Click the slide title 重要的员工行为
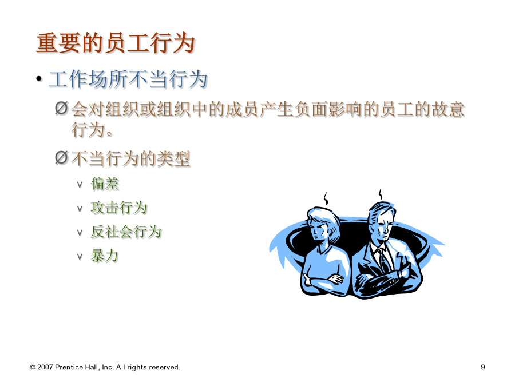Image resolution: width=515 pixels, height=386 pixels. (x=116, y=43)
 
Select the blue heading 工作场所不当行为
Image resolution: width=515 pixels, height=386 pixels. (x=128, y=79)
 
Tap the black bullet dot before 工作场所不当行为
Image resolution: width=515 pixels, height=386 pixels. (x=39, y=79)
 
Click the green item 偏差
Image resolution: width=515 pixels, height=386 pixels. (x=105, y=184)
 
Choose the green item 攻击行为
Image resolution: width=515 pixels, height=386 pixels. (x=119, y=208)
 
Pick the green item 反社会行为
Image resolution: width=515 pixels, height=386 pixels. (x=126, y=232)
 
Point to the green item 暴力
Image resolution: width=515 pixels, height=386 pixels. (x=105, y=256)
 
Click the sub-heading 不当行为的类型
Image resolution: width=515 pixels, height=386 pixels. (x=130, y=158)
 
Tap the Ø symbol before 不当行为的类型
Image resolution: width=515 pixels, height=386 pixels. (x=61, y=158)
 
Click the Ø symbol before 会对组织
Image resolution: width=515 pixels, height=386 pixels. (x=61, y=108)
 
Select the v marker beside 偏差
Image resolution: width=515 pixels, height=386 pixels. (x=80, y=185)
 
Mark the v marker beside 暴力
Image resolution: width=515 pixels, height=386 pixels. (x=80, y=257)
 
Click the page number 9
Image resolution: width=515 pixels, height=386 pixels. (x=483, y=367)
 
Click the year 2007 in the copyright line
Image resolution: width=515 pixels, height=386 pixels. (x=45, y=367)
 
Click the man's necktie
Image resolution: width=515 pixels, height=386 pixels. (x=382, y=259)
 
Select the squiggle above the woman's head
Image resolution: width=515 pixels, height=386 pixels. (x=326, y=198)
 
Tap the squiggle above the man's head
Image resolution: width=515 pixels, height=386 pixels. (x=381, y=194)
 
